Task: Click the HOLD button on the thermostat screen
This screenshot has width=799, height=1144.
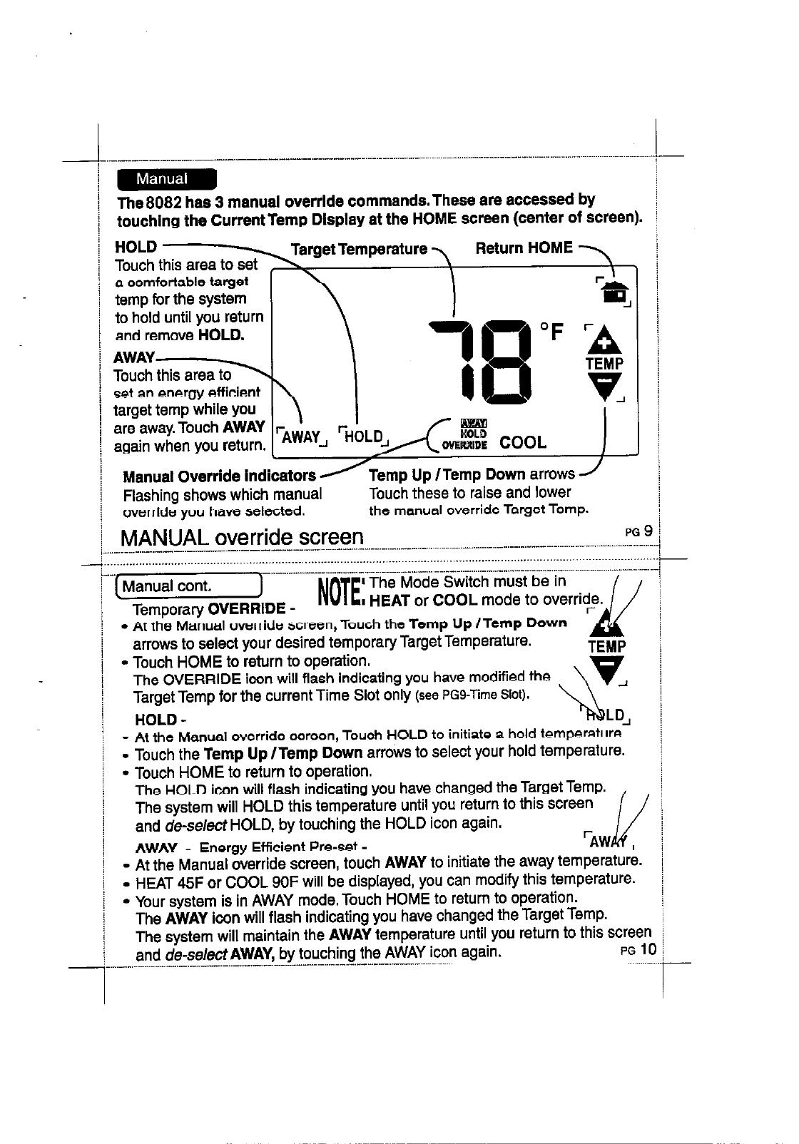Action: click(x=364, y=435)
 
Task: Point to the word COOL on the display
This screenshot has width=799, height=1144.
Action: click(x=523, y=442)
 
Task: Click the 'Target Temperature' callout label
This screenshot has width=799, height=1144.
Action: click(x=359, y=249)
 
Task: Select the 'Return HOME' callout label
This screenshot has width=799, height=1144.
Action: click(x=524, y=247)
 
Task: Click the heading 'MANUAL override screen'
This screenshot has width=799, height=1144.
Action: click(x=243, y=536)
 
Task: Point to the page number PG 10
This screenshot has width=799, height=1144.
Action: click(x=638, y=949)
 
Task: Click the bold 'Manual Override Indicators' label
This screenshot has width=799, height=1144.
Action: click(x=219, y=476)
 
